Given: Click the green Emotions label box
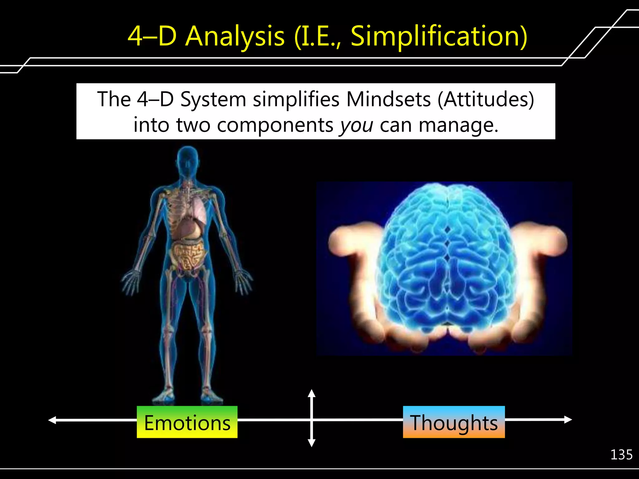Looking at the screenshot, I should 187,422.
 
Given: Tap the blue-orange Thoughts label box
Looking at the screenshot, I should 454,422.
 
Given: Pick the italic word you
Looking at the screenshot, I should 356,125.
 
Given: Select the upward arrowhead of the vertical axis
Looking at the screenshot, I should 311,394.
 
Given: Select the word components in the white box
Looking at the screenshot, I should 275,125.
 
